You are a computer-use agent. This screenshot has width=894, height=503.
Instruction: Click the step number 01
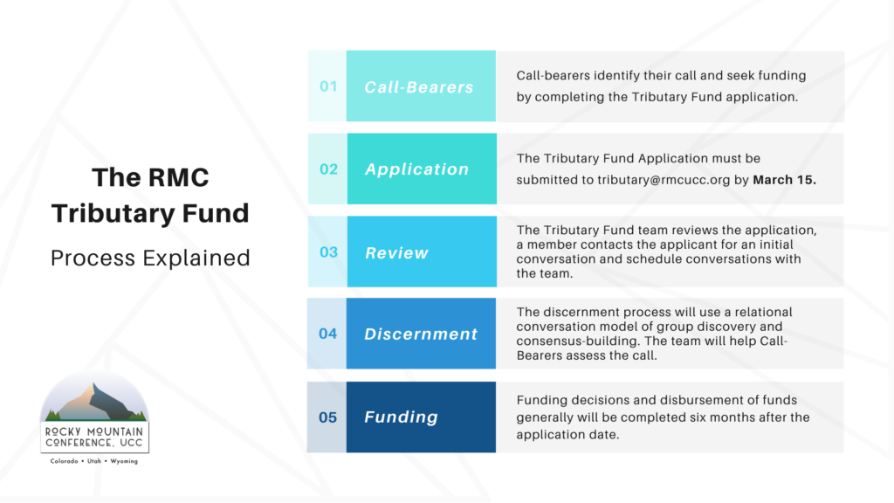point(328,86)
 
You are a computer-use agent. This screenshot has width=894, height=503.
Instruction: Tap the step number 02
point(328,169)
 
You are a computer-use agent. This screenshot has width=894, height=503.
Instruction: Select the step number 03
point(328,252)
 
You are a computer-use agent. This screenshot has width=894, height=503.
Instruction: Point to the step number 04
point(328,334)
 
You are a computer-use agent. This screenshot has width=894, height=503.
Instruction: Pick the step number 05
point(328,417)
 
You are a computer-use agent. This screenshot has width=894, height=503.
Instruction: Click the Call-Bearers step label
point(419,86)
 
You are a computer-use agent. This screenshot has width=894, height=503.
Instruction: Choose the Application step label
point(416,169)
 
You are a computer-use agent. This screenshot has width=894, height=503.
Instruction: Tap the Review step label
point(396,252)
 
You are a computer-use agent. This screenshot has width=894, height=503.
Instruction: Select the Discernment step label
point(421,334)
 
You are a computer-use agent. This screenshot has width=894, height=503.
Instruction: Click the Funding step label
point(402,417)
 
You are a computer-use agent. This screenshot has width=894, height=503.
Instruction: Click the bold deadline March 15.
point(785,180)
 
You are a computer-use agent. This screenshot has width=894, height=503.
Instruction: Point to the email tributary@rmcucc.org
point(664,180)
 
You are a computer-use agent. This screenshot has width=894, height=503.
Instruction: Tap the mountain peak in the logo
point(94,387)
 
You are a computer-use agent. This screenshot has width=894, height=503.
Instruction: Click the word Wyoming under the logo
point(124,461)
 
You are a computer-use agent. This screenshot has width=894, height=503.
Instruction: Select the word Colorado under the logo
point(64,461)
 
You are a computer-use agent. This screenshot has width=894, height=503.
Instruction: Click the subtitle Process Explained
point(150,258)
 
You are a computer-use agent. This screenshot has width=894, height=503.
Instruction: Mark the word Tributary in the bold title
point(113,214)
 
